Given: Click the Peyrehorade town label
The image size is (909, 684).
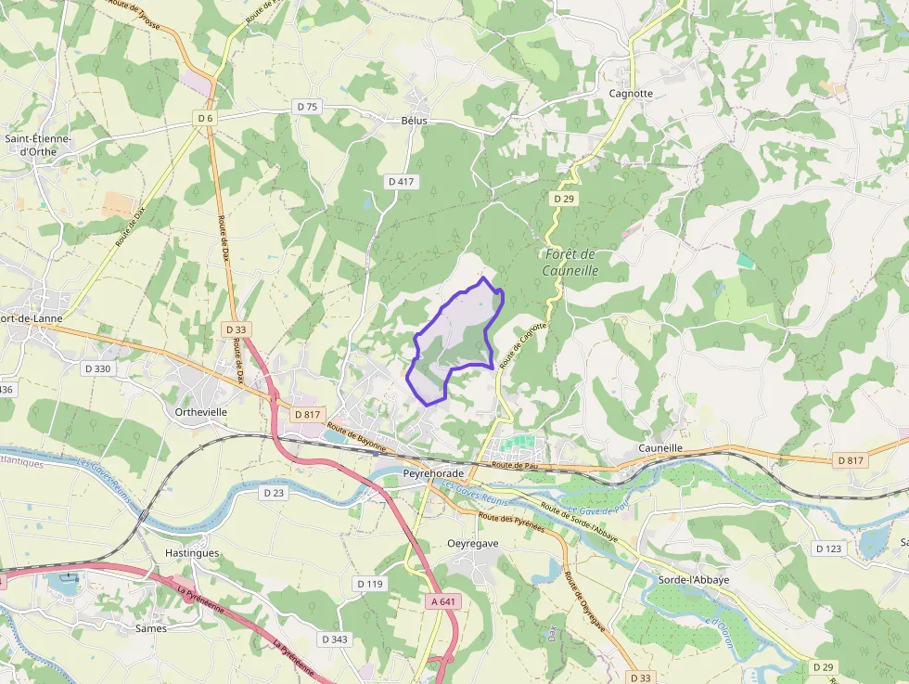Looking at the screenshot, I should click(433, 473).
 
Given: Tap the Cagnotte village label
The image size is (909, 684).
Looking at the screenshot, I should click(631, 94).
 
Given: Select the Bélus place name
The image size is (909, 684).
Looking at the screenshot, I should click(415, 121).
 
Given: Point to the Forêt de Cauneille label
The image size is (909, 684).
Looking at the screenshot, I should click(570, 263).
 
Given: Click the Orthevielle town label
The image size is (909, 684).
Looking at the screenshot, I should click(200, 411).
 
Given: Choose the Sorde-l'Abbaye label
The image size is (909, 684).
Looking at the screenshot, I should click(694, 580).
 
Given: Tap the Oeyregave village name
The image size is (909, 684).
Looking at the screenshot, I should click(473, 543).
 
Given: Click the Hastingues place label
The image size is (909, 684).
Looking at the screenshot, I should click(192, 552).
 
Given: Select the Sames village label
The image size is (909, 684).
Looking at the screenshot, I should click(151, 628).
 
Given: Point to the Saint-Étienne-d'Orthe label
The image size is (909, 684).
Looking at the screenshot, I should click(38, 145).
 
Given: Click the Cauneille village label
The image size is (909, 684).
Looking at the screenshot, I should click(660, 448).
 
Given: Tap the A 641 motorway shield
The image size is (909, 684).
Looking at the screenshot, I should click(444, 602).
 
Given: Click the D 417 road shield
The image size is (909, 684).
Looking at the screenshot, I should click(401, 182).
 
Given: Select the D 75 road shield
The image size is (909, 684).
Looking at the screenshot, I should click(307, 107).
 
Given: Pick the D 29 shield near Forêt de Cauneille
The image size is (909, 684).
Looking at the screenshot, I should click(564, 199).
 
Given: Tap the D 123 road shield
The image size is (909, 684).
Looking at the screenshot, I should click(828, 548).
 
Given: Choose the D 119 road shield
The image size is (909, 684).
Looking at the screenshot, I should click(369, 584).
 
